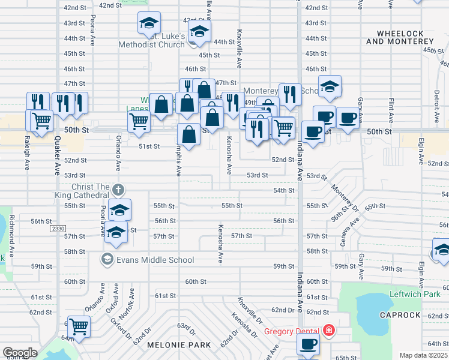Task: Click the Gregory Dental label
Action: pyautogui.click(x=291, y=331)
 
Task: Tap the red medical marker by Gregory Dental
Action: pyautogui.click(x=328, y=330)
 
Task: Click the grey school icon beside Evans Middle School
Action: pyautogui.click(x=107, y=259)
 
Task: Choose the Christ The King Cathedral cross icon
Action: pyautogui.click(x=118, y=191)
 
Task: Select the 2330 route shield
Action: pyautogui.click(x=58, y=229)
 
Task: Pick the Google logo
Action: pyautogui.click(x=20, y=353)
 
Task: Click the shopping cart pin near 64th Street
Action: pyautogui.click(x=79, y=328)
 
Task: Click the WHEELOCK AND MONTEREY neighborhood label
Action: pyautogui.click(x=399, y=37)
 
